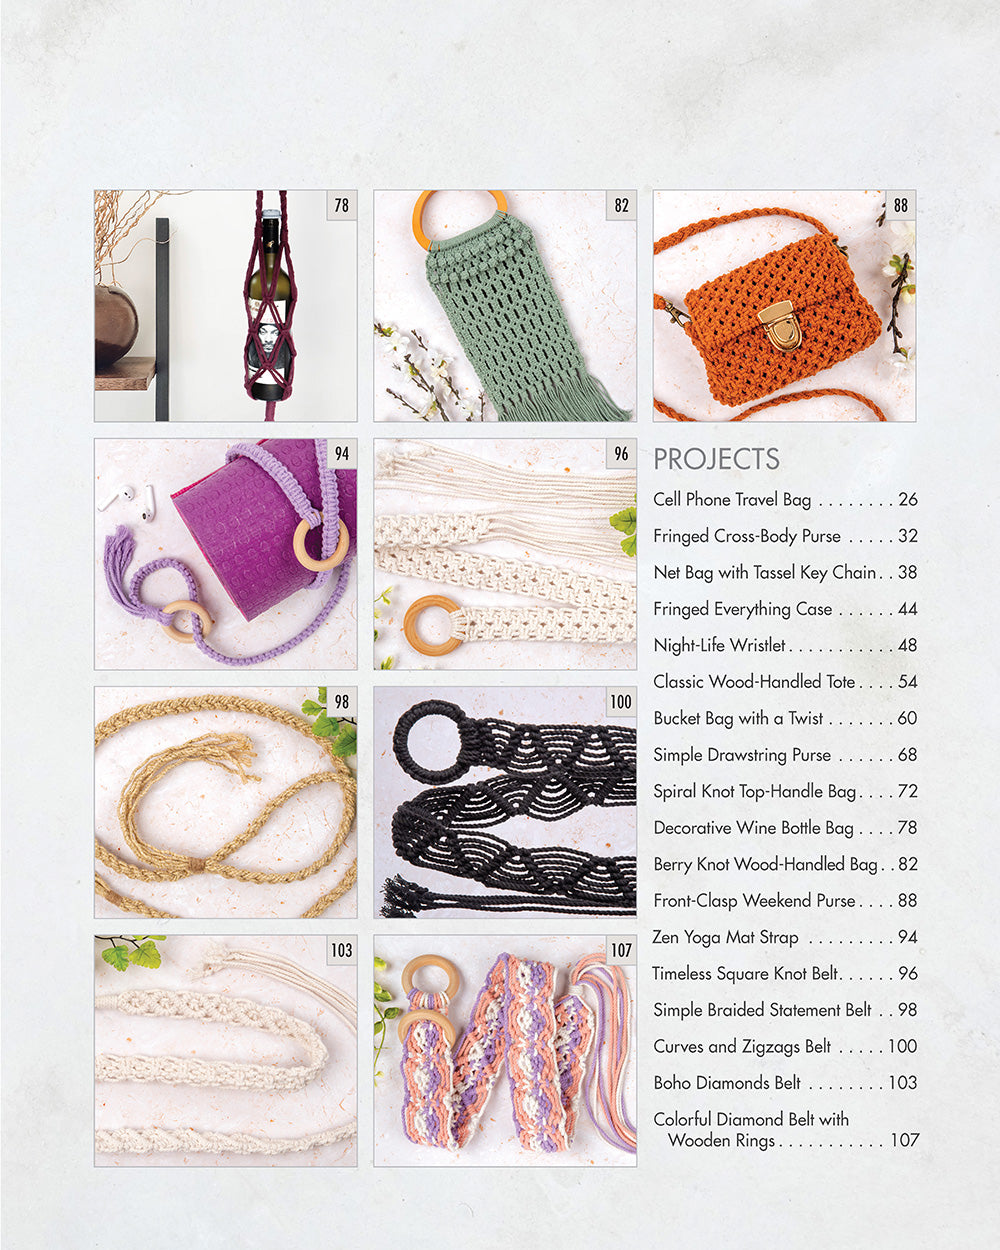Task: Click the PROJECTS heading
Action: coord(716,459)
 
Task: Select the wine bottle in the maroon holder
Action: coord(270,300)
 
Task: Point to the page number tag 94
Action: coord(342,454)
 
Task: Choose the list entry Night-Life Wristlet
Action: coord(720,645)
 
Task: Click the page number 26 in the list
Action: coord(907,499)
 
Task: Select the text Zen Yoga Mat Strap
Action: coord(726,937)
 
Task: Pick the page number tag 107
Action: coord(621,950)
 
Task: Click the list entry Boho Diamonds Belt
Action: coord(727,1083)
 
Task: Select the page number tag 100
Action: coord(621,702)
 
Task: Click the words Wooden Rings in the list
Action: coord(721,1140)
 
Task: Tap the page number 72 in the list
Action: coord(907,791)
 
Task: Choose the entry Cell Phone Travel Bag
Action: coord(732,499)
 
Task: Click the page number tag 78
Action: coord(342,205)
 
